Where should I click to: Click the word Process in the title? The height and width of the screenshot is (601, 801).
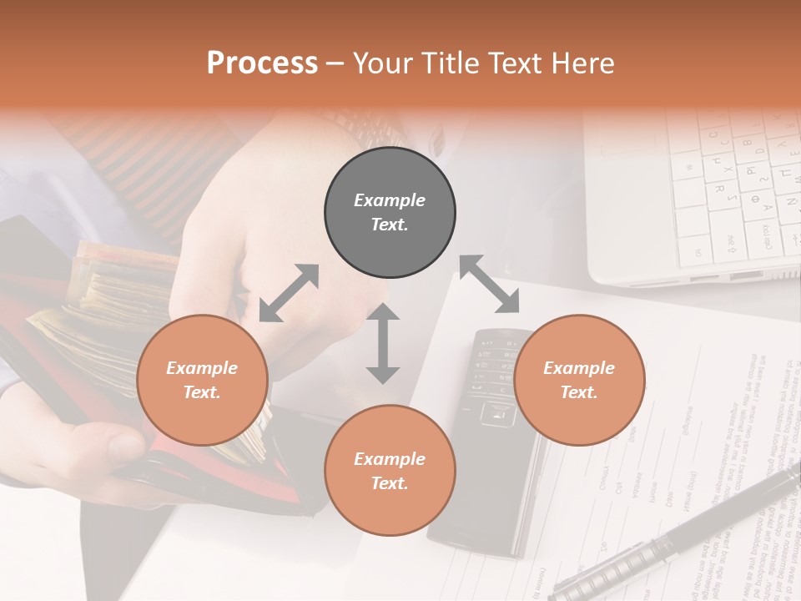pos(262,63)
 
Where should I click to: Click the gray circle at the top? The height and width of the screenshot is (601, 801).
pos(390,213)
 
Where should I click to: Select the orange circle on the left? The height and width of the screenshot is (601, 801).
pos(202,381)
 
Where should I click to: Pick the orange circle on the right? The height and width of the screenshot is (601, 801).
pos(579,381)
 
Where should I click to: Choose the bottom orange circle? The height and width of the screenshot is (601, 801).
pos(390,471)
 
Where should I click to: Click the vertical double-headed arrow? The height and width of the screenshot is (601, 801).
pos(383,343)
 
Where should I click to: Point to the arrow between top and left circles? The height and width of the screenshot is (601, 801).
pos(289,293)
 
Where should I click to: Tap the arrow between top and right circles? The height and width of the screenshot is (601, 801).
pos(489,284)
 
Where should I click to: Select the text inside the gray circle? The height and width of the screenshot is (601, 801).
pos(390,213)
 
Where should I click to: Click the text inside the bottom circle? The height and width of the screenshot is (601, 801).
pos(390,471)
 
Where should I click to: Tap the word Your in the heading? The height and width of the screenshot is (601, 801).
pos(381,63)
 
